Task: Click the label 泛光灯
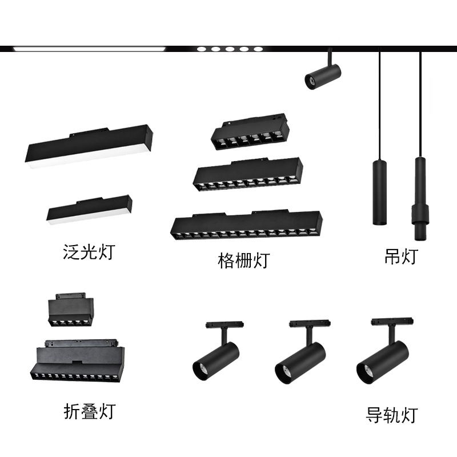(89, 251)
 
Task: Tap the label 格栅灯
(243, 260)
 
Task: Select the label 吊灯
(400, 256)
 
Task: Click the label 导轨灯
(392, 415)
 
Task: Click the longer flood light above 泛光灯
(89, 146)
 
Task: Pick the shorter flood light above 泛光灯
(89, 210)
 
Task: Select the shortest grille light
(250, 132)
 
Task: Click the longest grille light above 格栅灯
(246, 225)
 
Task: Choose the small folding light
(71, 311)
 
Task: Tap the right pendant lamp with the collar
(420, 197)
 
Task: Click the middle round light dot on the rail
(230, 49)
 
